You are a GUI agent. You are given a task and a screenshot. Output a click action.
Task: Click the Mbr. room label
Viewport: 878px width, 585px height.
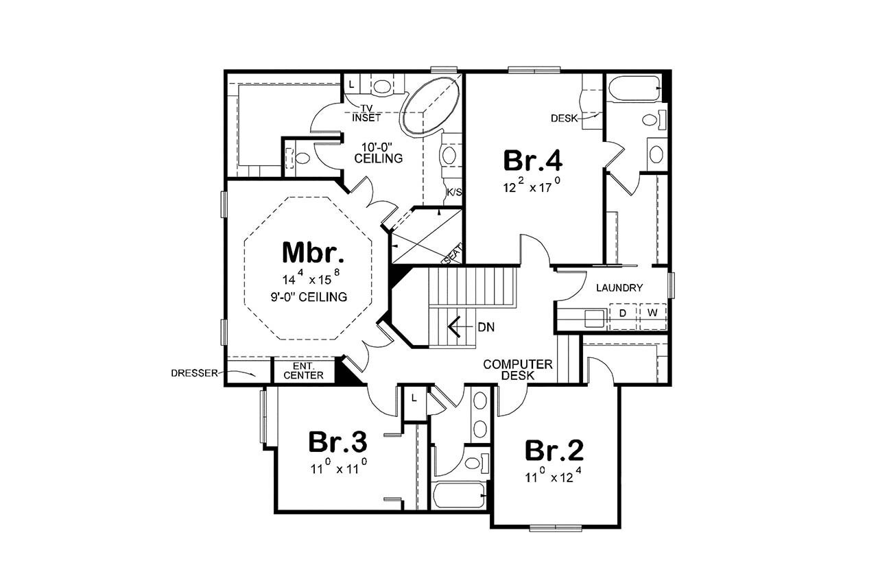312,252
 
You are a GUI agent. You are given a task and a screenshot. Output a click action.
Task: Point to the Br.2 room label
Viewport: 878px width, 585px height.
554,451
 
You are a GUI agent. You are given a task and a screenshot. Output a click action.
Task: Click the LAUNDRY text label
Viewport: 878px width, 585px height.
619,288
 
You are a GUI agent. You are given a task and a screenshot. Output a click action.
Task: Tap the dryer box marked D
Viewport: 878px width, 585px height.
623,313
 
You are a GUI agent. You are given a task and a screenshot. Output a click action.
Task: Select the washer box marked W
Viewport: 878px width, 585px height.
652,313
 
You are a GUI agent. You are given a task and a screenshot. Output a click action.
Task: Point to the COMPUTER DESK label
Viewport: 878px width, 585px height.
518,370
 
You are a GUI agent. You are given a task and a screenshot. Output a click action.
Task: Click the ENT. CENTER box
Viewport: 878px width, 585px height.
303,371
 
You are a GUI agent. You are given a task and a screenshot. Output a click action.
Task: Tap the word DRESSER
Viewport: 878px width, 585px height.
194,374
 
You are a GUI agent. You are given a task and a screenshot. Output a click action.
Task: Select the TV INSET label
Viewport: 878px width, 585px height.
367,113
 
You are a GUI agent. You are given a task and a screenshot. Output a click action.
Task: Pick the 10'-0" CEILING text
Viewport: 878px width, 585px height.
378,153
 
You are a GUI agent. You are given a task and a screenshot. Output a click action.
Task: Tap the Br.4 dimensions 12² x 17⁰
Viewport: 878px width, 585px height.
533,185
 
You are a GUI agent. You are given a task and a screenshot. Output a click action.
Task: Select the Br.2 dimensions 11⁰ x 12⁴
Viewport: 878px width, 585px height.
554,476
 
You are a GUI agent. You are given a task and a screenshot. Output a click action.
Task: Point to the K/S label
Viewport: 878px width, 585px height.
453,192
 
